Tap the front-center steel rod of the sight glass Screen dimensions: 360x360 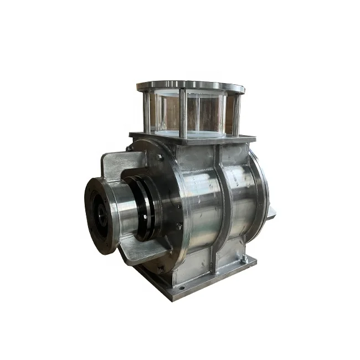point(183,114)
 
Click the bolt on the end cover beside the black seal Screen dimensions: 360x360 point(178,226)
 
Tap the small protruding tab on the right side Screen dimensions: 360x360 point(272,212)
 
